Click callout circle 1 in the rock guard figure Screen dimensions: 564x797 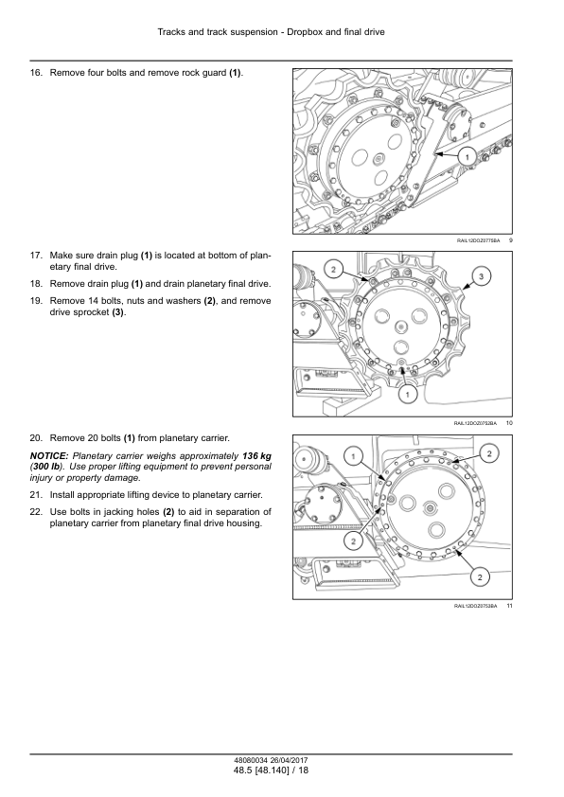click(x=467, y=156)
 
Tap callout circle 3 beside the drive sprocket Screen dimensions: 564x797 click(x=481, y=276)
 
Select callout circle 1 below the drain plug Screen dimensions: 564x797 click(x=407, y=394)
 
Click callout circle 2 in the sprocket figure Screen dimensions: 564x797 click(x=334, y=270)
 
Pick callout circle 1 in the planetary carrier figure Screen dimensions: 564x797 click(x=354, y=456)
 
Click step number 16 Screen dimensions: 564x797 click(x=36, y=73)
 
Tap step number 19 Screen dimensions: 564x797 click(x=36, y=301)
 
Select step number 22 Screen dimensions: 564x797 click(x=36, y=512)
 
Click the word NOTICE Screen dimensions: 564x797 click(x=49, y=456)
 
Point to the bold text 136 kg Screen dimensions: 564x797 click(x=256, y=456)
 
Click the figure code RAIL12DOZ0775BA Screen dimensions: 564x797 click(x=478, y=240)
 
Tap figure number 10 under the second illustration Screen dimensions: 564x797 click(x=509, y=423)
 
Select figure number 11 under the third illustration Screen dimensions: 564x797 click(x=509, y=606)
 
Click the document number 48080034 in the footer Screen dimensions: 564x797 click(x=249, y=761)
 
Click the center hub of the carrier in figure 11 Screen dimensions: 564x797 click(x=431, y=506)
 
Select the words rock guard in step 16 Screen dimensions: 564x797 click(x=203, y=73)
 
